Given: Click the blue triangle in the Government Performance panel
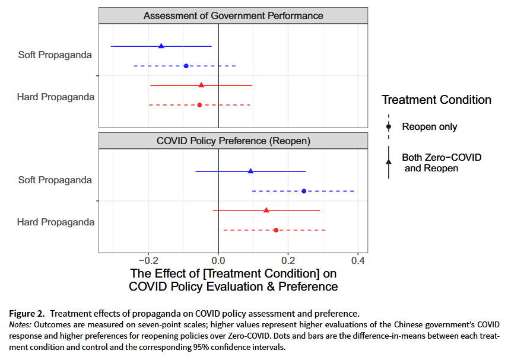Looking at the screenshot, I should click(161, 46).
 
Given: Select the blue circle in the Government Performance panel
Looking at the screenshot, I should click(186, 66).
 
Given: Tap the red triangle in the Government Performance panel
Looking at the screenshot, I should click(201, 85).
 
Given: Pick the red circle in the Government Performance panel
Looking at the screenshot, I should click(199, 105).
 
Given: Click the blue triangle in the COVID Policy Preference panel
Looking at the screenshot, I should click(250, 171).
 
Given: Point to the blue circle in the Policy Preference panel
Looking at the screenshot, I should click(304, 191).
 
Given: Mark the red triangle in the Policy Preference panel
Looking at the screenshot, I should click(266, 210).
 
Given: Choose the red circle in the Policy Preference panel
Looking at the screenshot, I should click(276, 230).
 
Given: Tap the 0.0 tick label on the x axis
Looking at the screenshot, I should click(218, 260).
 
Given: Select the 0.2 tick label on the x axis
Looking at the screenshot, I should click(288, 260).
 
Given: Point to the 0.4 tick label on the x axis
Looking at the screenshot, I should click(358, 260).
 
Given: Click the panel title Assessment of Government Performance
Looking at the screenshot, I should click(233, 15).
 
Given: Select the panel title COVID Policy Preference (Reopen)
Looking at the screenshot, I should click(233, 141).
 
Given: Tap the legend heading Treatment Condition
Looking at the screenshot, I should click(436, 100).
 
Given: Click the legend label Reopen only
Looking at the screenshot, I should click(430, 126).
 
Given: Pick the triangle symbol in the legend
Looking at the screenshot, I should click(389, 161).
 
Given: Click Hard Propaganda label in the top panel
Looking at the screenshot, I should click(56, 97).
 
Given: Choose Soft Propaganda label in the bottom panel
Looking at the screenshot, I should click(55, 180).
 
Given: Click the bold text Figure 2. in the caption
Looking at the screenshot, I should click(28, 313).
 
